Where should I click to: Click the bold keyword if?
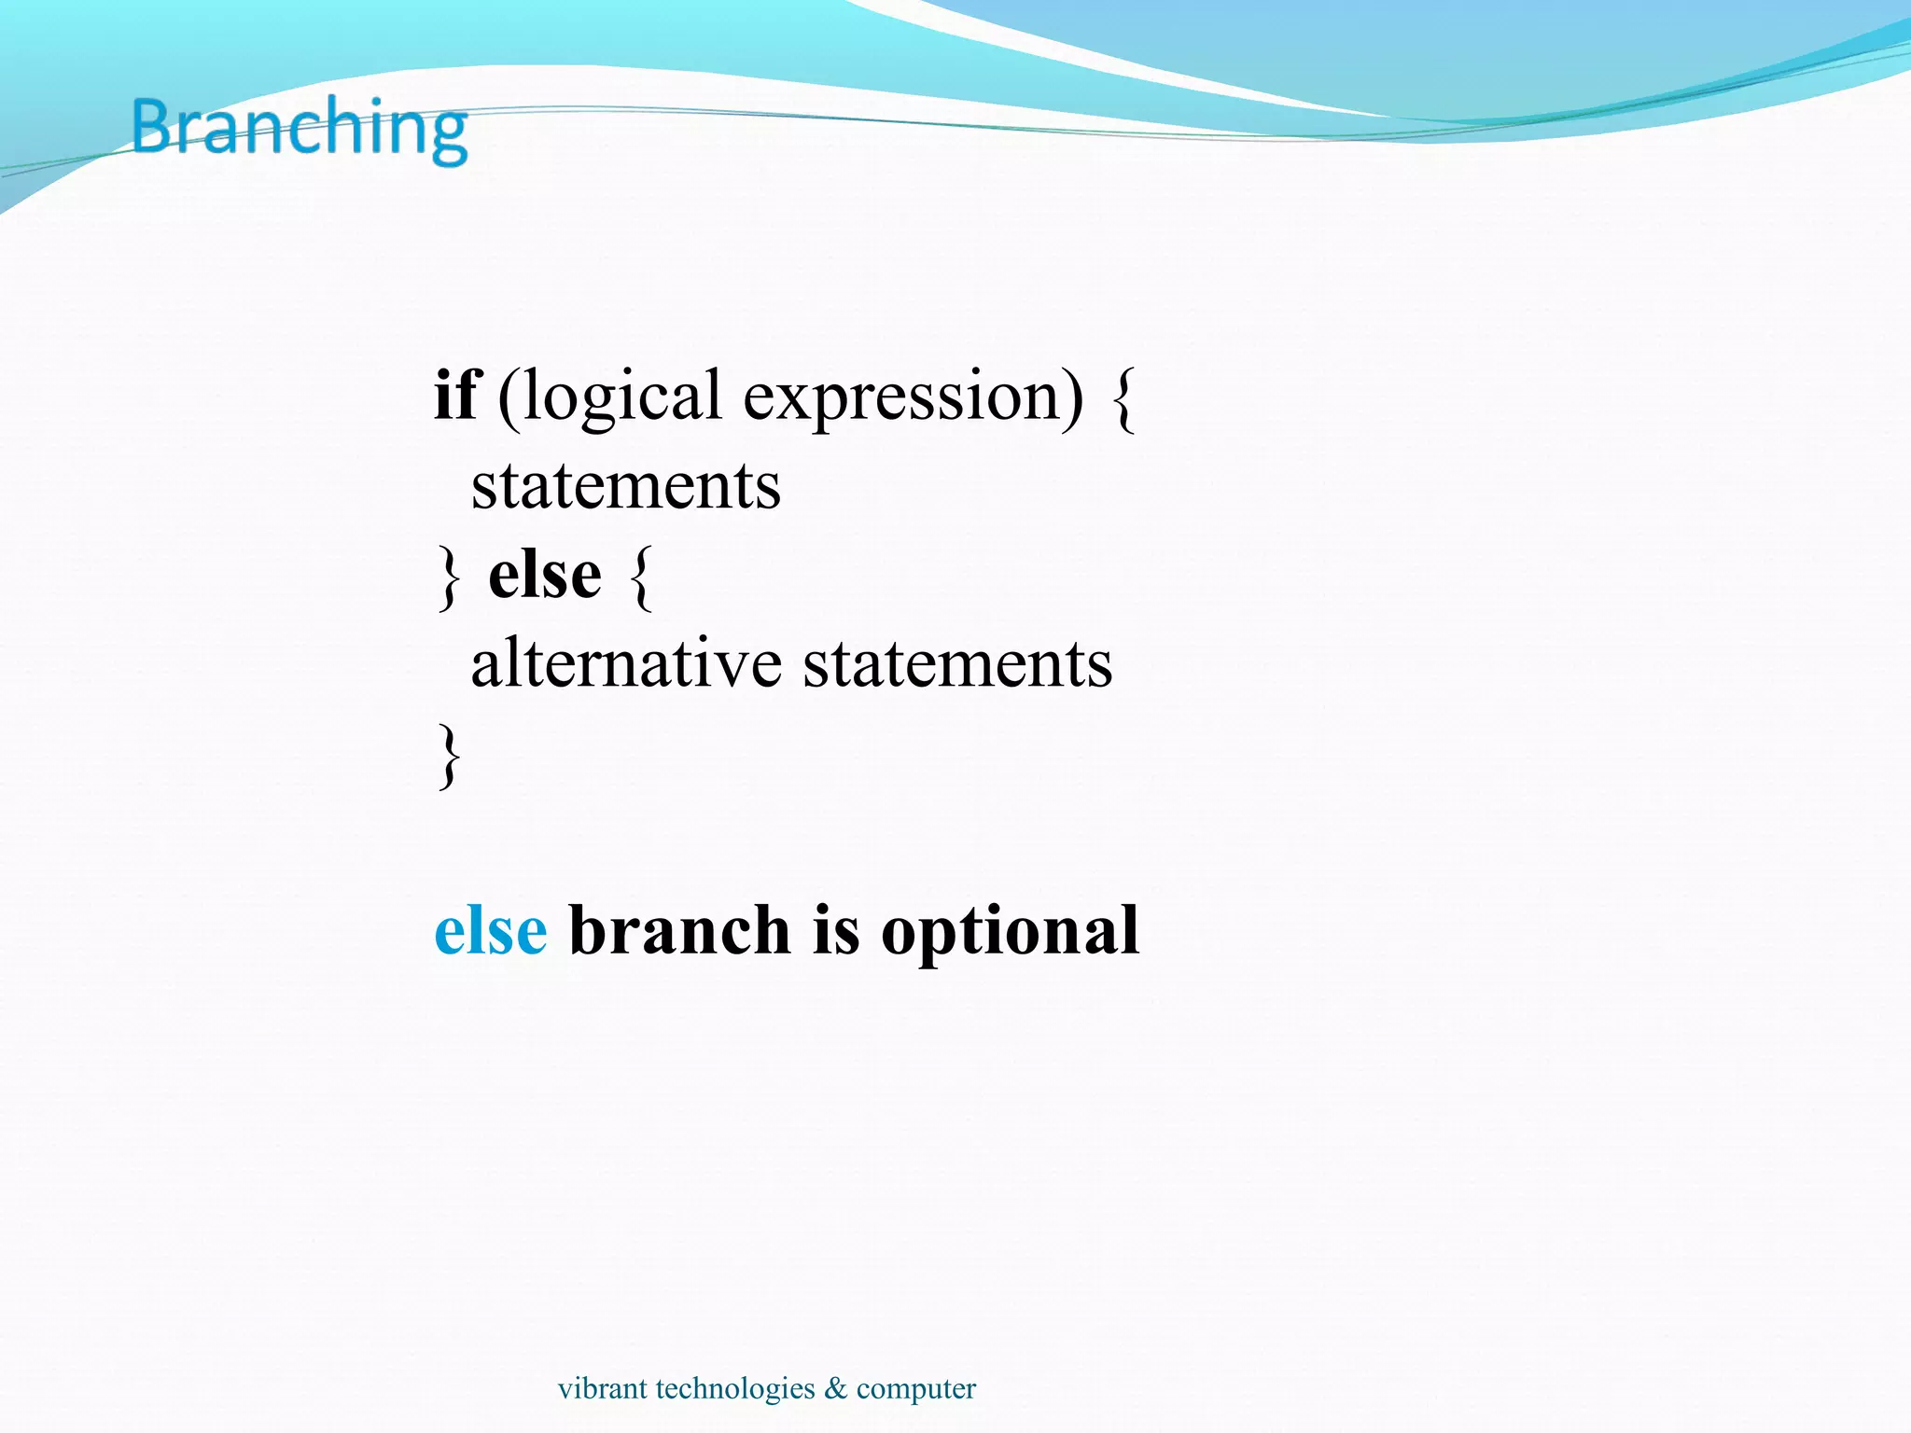tap(456, 396)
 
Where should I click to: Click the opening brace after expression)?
tap(1124, 399)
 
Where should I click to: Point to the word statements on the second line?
tap(625, 486)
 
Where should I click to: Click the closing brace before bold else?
tap(449, 578)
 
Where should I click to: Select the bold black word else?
tap(545, 575)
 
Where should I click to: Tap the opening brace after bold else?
tap(641, 578)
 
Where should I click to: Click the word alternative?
tap(626, 663)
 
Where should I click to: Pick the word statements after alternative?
tap(957, 663)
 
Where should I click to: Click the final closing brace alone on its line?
tap(449, 757)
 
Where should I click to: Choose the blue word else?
tap(491, 931)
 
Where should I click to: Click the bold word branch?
tap(680, 931)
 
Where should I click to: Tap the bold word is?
tap(836, 931)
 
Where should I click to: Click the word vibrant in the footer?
tap(602, 1388)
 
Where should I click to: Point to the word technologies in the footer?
tap(735, 1389)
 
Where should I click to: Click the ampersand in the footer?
tap(835, 1388)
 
